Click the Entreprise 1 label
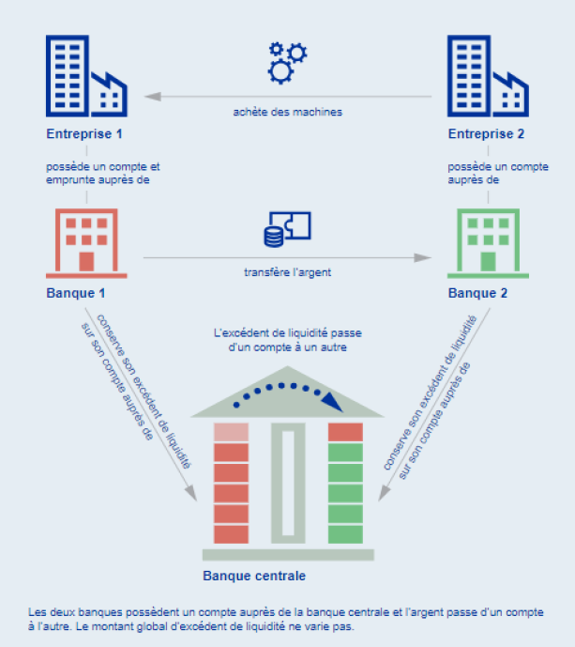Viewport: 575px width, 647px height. click(84, 133)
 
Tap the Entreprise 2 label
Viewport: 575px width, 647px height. click(486, 133)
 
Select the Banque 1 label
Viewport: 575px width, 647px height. click(75, 293)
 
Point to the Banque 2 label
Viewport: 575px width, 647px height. click(477, 293)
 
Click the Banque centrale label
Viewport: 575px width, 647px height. click(254, 576)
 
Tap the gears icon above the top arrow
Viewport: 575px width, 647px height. click(287, 63)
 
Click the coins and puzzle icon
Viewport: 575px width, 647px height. click(287, 229)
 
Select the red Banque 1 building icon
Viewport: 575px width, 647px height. click(86, 243)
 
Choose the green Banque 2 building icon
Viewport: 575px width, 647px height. click(488, 243)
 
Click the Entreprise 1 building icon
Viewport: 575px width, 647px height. click(86, 76)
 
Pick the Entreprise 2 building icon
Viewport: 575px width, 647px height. click(488, 76)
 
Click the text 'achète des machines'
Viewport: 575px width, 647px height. click(288, 112)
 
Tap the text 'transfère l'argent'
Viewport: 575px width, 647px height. click(288, 272)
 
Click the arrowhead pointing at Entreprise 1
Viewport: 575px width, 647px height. click(152, 97)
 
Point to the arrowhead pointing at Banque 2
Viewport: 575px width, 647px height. click(422, 258)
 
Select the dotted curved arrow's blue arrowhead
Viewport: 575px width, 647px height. click(332, 402)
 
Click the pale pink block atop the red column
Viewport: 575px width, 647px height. click(232, 432)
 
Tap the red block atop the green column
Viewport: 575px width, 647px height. click(345, 432)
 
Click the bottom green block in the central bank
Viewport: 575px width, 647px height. click(345, 534)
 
